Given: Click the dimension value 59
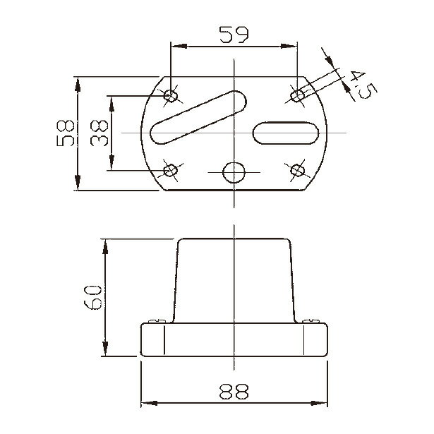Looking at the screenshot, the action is (234, 35).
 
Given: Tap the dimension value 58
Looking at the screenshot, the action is (66, 133).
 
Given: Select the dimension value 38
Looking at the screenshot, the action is (99, 133).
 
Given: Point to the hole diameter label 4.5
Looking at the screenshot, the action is (363, 85).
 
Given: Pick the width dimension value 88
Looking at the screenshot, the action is (234, 392).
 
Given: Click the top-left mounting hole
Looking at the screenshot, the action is (171, 96).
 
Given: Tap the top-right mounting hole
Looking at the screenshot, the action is (298, 96).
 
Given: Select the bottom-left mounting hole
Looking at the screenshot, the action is (171, 171).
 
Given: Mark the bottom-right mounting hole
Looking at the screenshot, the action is (298, 171).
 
